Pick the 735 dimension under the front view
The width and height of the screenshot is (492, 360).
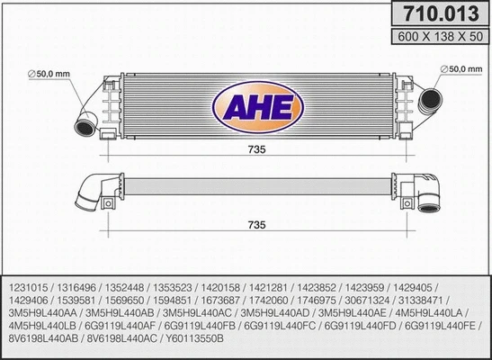point(256,151)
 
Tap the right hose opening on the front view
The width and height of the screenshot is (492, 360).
point(430,101)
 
